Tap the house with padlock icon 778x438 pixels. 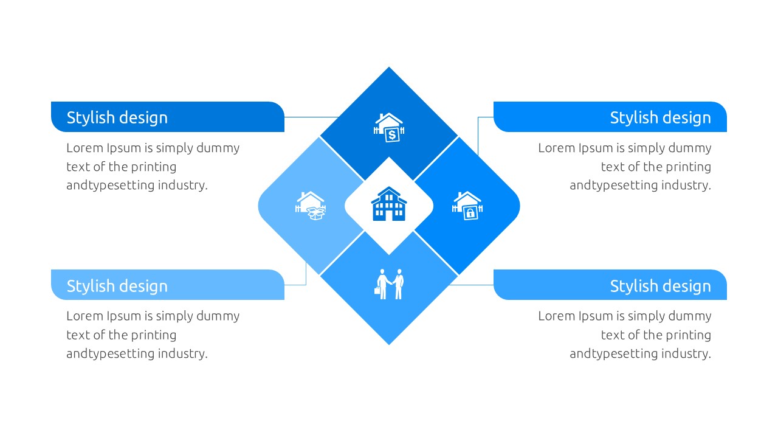coord(467,206)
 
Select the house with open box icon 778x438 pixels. coord(311,206)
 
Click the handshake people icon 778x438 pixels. coord(390,284)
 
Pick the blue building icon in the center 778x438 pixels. coord(389,204)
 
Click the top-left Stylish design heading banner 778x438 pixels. coord(167,117)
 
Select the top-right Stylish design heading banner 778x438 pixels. coord(610,117)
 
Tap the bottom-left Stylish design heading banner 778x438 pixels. coord(167,285)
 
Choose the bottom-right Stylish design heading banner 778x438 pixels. coord(610,285)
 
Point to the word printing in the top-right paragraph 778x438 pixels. coord(688,167)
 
